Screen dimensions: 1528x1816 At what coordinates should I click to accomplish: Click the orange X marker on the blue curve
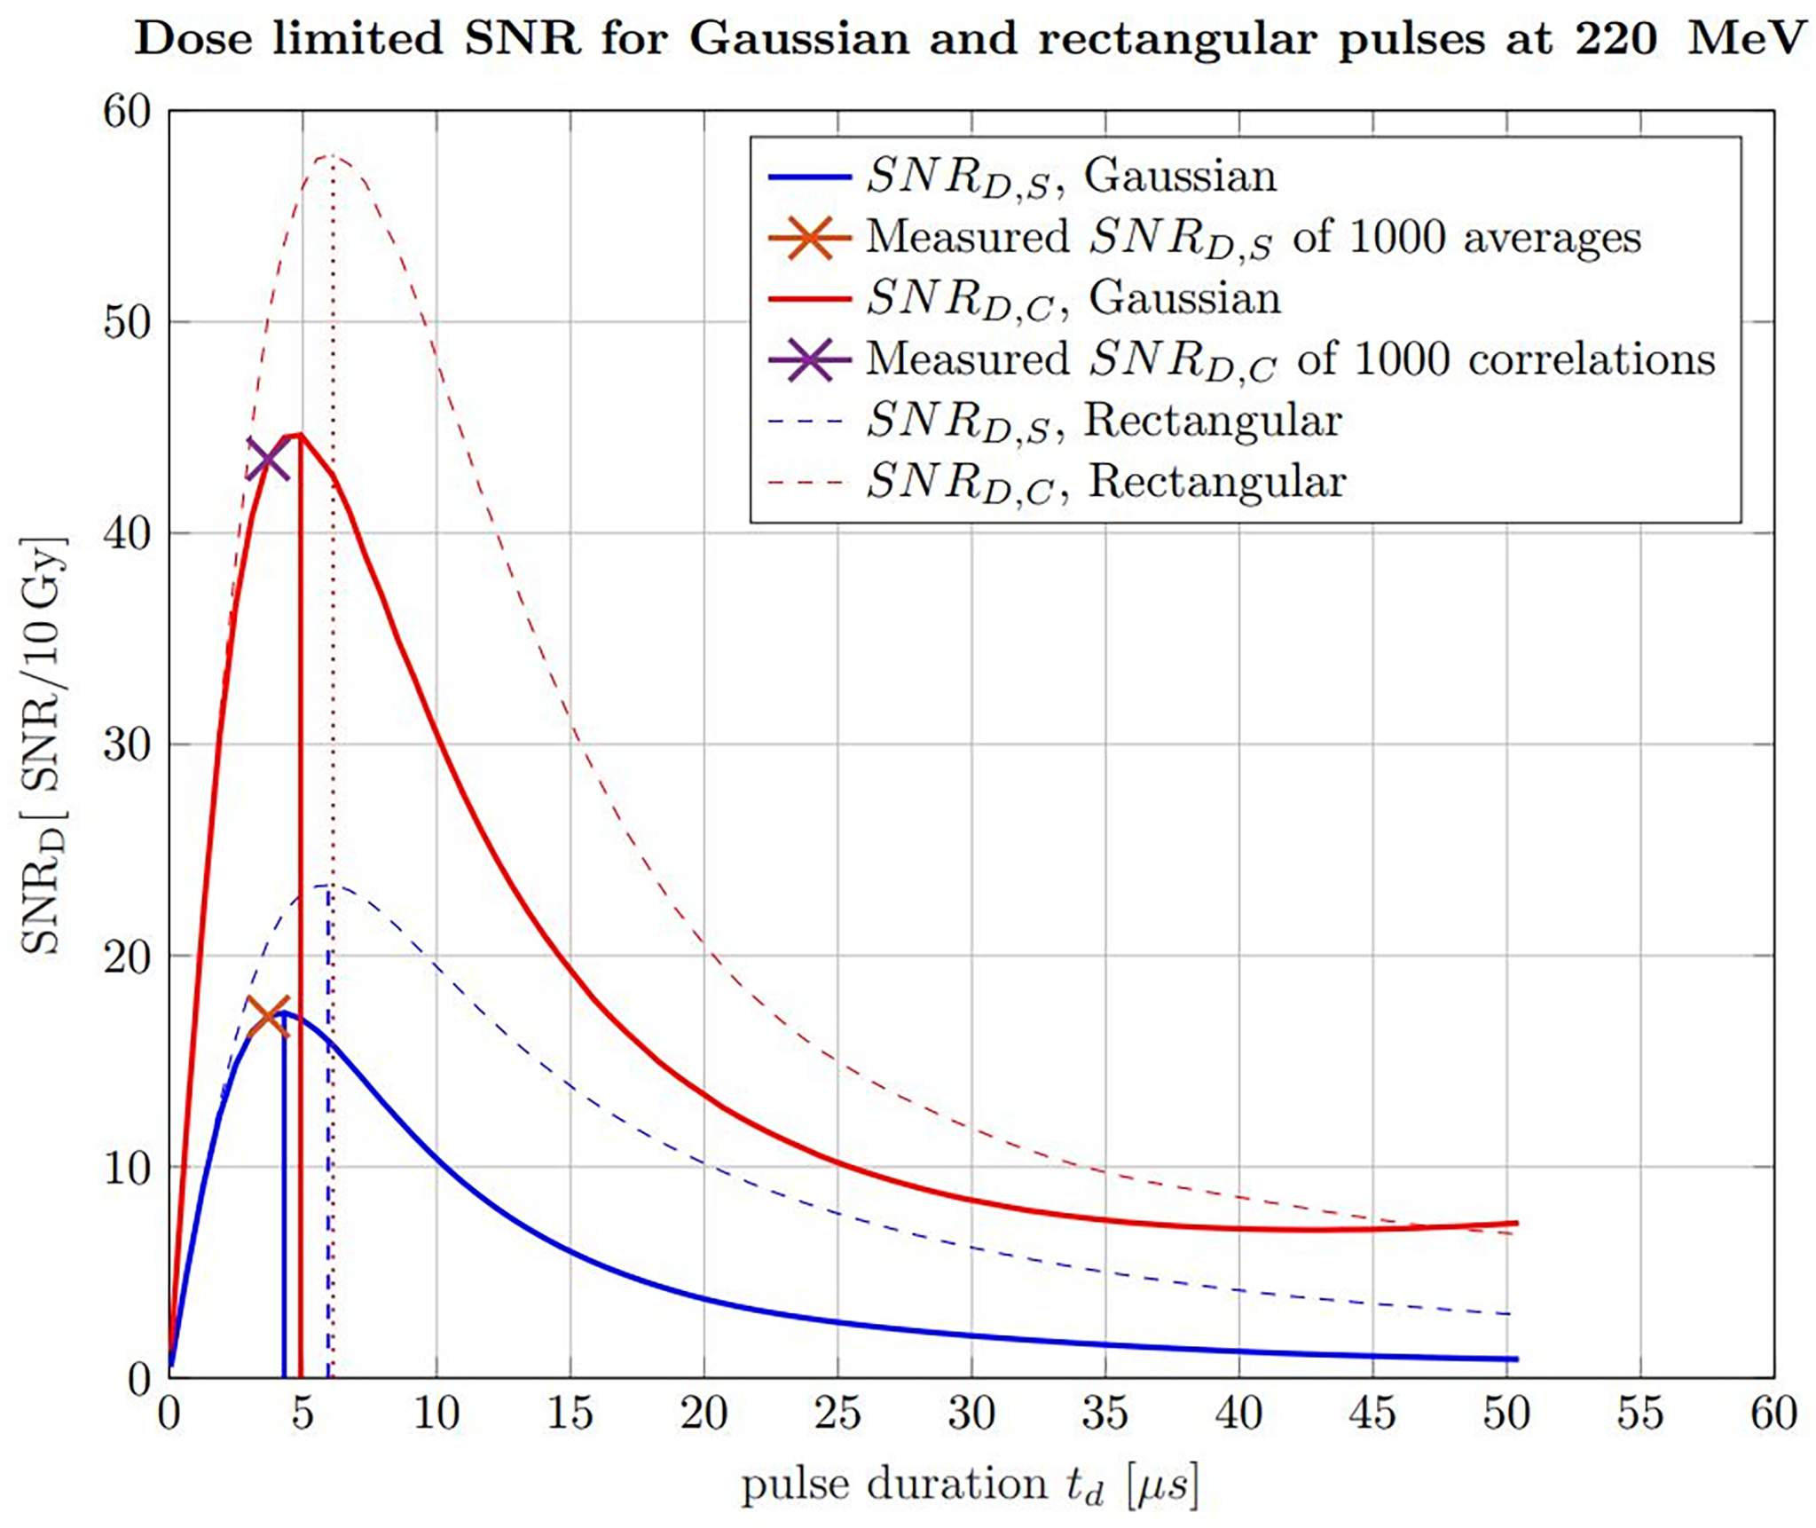pyautogui.click(x=269, y=1017)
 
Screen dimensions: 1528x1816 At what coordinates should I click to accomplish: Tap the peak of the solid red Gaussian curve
pyautogui.click(x=299, y=435)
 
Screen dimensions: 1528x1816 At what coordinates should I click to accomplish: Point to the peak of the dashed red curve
pyautogui.click(x=331, y=156)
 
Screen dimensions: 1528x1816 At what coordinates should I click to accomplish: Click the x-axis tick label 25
pyautogui.click(x=837, y=1414)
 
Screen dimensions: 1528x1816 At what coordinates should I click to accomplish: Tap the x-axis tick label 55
pyautogui.click(x=1639, y=1414)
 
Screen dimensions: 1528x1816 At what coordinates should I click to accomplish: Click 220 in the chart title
pyautogui.click(x=1615, y=39)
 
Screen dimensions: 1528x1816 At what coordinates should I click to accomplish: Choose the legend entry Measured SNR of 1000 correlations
pyautogui.click(x=1290, y=360)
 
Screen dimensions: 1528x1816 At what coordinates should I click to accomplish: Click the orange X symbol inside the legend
pyautogui.click(x=809, y=238)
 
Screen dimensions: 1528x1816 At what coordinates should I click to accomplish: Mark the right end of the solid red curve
pyautogui.click(x=1516, y=1223)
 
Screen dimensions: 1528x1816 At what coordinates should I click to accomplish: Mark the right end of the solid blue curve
pyautogui.click(x=1516, y=1359)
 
